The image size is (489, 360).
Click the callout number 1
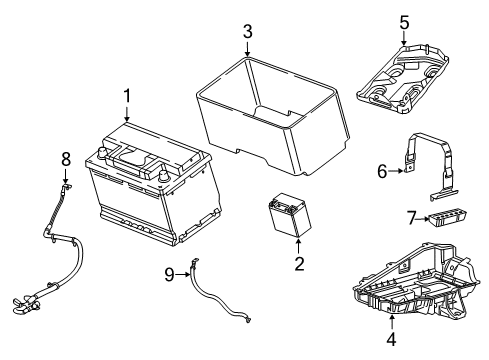[127, 96]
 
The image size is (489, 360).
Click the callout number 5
[404, 20]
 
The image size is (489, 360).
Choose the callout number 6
[381, 171]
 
